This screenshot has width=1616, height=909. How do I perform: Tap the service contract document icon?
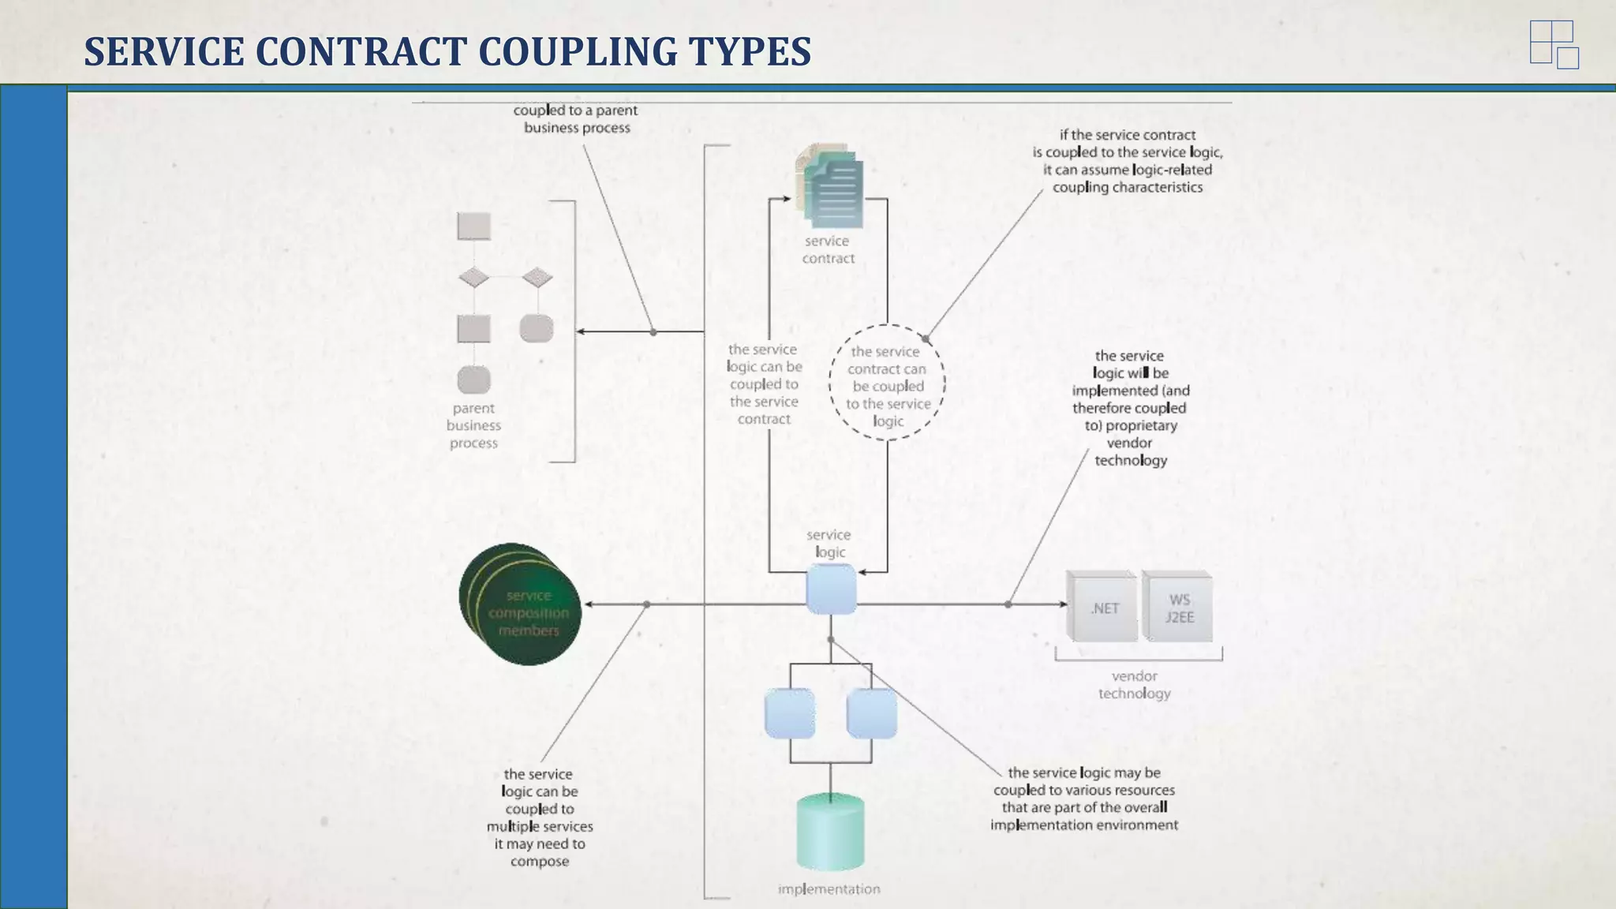click(x=832, y=187)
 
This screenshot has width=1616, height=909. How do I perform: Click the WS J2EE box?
click(x=1178, y=607)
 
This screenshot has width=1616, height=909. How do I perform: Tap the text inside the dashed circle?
click(x=887, y=386)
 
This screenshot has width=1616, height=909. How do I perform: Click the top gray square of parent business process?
click(x=473, y=226)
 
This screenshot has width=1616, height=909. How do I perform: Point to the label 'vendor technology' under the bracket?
click(x=1134, y=684)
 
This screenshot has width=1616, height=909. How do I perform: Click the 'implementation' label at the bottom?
click(x=829, y=888)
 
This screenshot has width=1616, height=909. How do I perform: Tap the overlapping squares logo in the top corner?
click(x=1553, y=45)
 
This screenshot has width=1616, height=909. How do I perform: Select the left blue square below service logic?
click(x=790, y=713)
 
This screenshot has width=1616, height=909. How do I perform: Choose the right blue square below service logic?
click(x=871, y=713)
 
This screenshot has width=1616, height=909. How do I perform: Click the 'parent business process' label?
click(x=473, y=425)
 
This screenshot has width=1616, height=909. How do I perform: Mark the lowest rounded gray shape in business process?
click(x=473, y=380)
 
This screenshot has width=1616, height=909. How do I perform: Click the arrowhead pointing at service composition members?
click(x=589, y=604)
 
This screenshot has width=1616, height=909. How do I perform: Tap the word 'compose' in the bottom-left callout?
click(x=539, y=861)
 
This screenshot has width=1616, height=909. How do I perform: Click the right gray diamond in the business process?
click(x=537, y=277)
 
